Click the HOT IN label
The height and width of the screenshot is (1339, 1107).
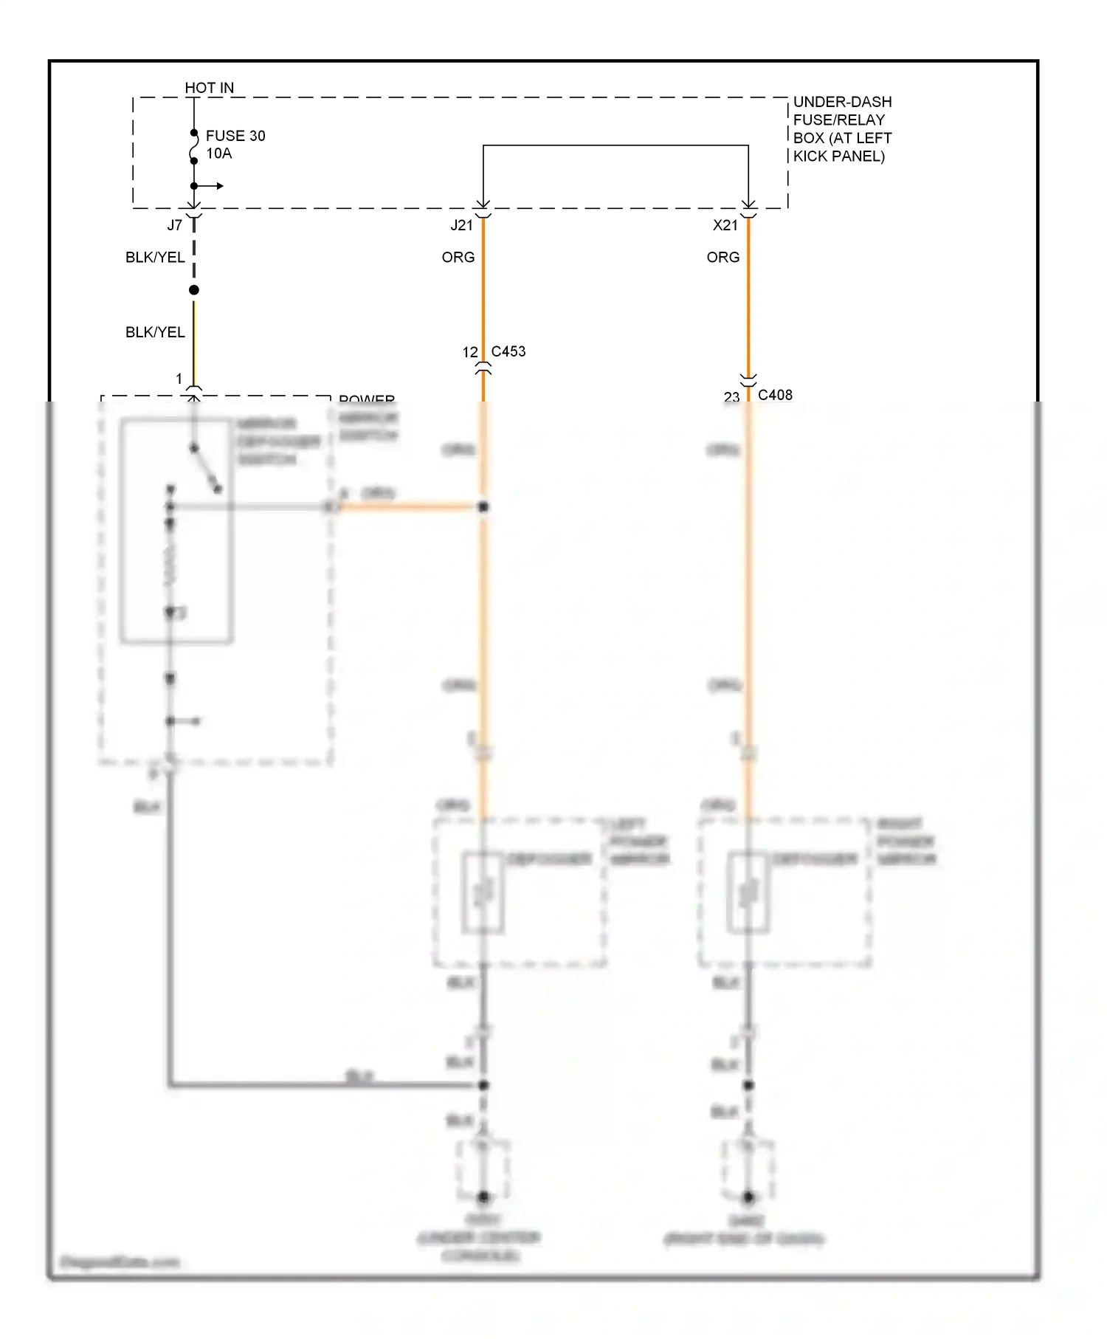pyautogui.click(x=209, y=88)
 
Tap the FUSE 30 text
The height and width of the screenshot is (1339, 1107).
pyautogui.click(x=235, y=136)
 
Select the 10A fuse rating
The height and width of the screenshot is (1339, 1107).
pyautogui.click(x=218, y=154)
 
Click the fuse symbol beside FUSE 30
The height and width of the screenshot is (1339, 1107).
pyautogui.click(x=194, y=147)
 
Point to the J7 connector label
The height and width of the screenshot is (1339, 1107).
pyautogui.click(x=174, y=225)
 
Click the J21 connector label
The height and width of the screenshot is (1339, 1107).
pyautogui.click(x=461, y=225)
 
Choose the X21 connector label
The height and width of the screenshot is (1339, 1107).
pyautogui.click(x=725, y=225)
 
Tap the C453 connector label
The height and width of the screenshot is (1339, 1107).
pyautogui.click(x=508, y=351)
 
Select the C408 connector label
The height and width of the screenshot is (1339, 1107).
pyautogui.click(x=775, y=395)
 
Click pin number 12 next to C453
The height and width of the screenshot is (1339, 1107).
pyautogui.click(x=470, y=353)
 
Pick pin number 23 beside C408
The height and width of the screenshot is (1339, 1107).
pyautogui.click(x=731, y=397)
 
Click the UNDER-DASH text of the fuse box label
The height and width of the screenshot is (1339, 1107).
pyautogui.click(x=842, y=102)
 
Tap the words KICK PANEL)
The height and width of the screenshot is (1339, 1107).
pyautogui.click(x=838, y=156)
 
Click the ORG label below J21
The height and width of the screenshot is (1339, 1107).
pyautogui.click(x=458, y=257)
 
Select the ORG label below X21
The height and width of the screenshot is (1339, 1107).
pyautogui.click(x=723, y=257)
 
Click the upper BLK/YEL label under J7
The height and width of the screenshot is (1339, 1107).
pyautogui.click(x=155, y=257)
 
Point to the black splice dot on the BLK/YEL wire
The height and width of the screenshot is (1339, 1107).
pyautogui.click(x=194, y=290)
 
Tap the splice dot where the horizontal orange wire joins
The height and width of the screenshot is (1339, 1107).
pyautogui.click(x=483, y=507)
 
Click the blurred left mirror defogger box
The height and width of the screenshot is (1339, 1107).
pyautogui.click(x=483, y=892)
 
